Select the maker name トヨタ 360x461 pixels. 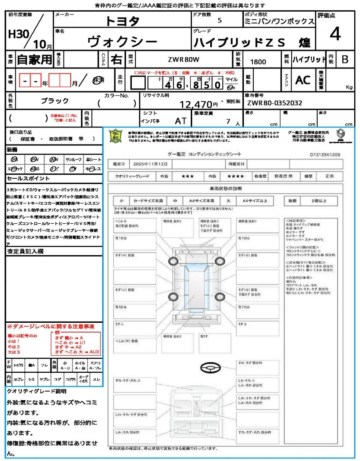pos(122,21)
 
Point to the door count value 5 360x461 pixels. pos(219,21)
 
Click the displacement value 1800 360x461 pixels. pos(258,62)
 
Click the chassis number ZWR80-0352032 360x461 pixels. pos(274,103)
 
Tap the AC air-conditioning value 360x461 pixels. pos(303,80)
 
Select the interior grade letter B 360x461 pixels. pos(344,59)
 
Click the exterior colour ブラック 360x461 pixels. pos(55,101)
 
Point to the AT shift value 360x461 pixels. pos(180,121)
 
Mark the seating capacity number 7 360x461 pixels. pos(228,121)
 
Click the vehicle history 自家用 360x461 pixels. pos(35,59)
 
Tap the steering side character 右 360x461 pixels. pos(117,59)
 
